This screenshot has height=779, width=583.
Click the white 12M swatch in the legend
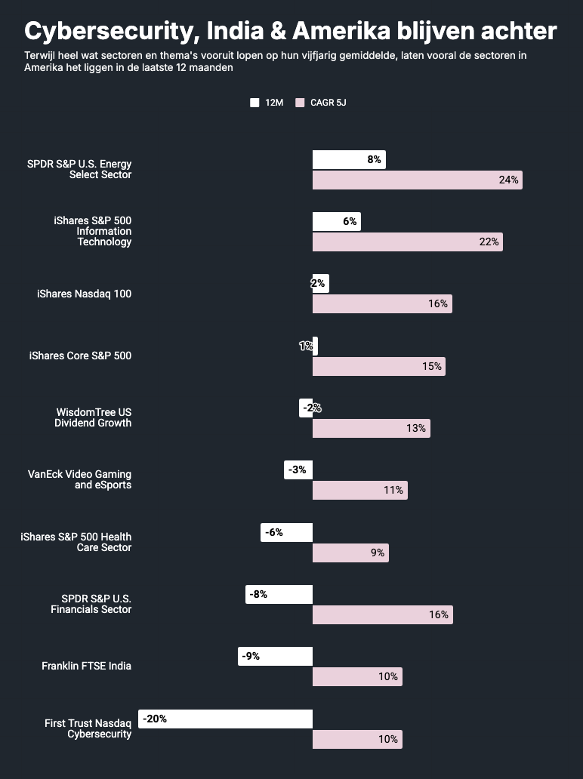point(254,103)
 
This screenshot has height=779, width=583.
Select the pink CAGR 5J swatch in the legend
point(300,103)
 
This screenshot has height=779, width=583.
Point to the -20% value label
point(155,719)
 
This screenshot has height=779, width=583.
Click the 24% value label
point(508,180)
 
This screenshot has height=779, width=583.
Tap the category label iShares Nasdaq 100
point(84,294)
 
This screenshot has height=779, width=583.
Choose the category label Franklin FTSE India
point(86,666)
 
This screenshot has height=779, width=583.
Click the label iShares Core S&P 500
point(80,356)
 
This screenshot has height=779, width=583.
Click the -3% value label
point(297,470)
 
